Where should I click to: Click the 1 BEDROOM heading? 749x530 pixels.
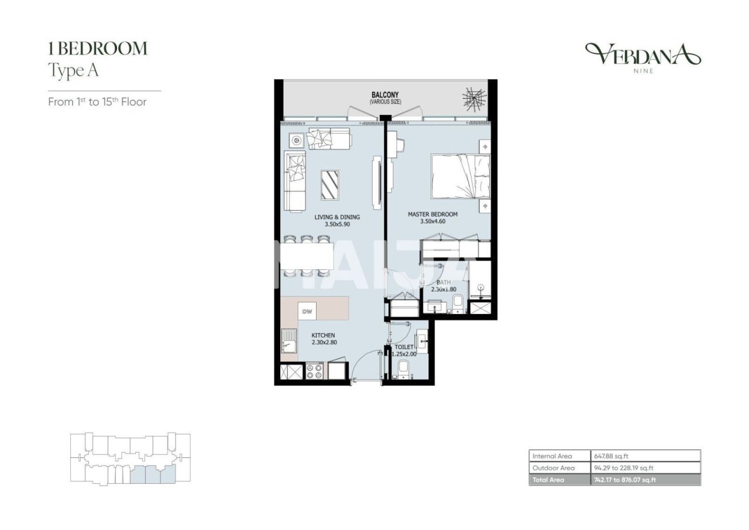pyautogui.click(x=97, y=49)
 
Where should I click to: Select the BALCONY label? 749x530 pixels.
pyautogui.click(x=385, y=94)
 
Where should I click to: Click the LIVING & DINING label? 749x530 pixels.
pyautogui.click(x=337, y=217)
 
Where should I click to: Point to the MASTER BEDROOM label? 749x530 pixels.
pyautogui.click(x=432, y=214)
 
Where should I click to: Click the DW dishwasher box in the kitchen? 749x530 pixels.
pyautogui.click(x=307, y=312)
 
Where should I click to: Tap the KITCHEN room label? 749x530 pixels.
pyautogui.click(x=322, y=336)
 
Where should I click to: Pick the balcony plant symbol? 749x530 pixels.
pyautogui.click(x=474, y=98)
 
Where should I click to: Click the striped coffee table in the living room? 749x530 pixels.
pyautogui.click(x=329, y=184)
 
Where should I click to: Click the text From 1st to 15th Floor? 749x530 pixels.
pyautogui.click(x=97, y=102)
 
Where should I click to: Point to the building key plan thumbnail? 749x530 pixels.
pyautogui.click(x=130, y=459)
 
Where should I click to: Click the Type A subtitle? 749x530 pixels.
pyautogui.click(x=73, y=71)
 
